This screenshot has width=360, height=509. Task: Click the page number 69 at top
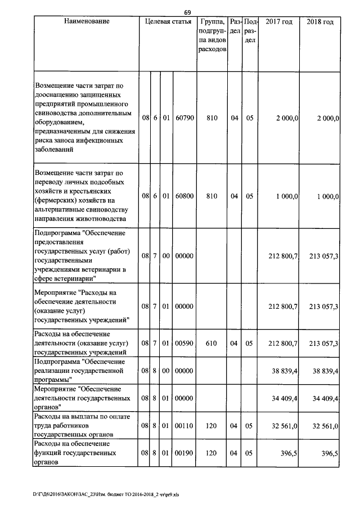[x=188, y=12]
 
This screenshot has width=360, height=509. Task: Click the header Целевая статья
[x=168, y=22]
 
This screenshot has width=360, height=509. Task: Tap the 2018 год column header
[x=320, y=22]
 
